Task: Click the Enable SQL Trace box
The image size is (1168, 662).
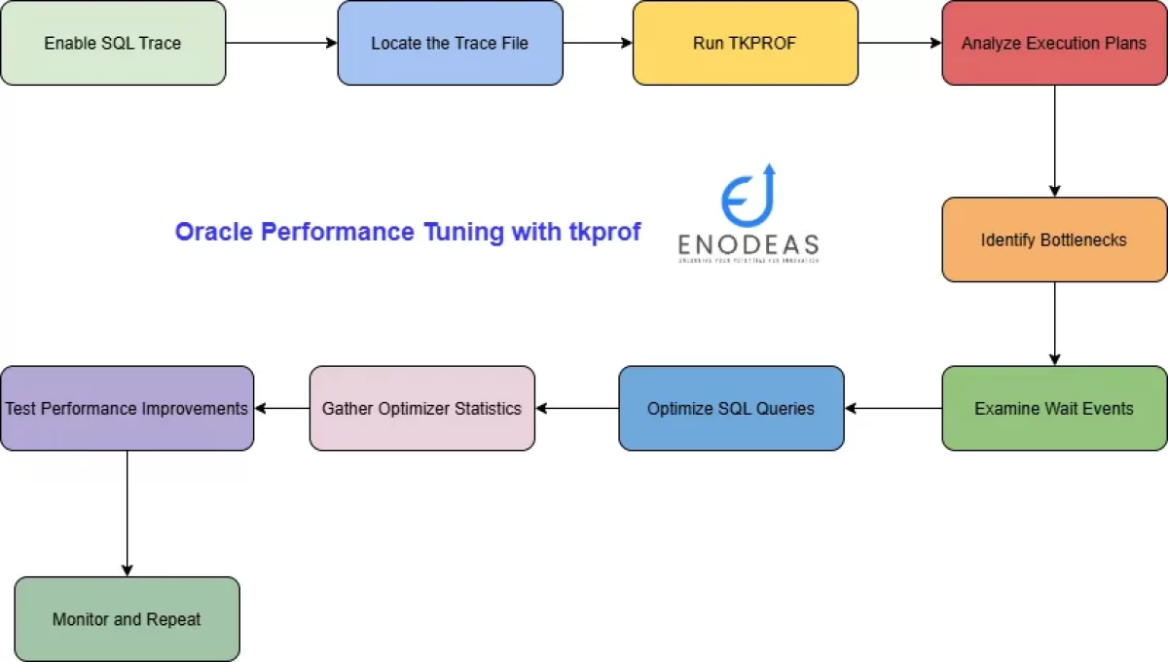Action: [x=113, y=43]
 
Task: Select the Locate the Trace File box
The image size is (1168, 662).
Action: [x=450, y=43]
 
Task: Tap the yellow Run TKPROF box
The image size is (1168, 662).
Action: [x=745, y=43]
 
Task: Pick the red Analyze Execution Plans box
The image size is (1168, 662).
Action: [x=1054, y=43]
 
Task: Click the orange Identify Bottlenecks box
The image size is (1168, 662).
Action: [x=1054, y=239]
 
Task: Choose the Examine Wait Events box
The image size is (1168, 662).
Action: [x=1054, y=408]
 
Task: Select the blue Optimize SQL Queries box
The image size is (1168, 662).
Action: [x=731, y=408]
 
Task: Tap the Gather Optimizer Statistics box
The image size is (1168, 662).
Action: [x=421, y=408]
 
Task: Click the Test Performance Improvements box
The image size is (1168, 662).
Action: [x=127, y=408]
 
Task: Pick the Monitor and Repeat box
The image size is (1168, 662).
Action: [x=127, y=619]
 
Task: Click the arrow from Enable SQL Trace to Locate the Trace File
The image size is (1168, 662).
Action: [x=281, y=43]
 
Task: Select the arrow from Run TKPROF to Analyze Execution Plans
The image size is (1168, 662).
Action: [x=899, y=43]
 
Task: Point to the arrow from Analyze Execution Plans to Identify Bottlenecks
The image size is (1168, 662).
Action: [x=1054, y=141]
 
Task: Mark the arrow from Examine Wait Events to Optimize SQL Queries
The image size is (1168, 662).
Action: [x=893, y=408]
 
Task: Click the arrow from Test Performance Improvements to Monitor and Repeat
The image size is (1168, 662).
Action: [x=127, y=513]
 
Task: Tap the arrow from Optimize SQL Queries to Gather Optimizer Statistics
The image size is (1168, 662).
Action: [x=576, y=408]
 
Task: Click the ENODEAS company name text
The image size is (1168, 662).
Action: [x=748, y=243]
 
